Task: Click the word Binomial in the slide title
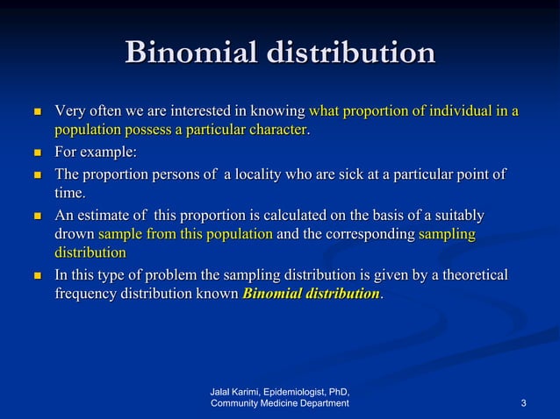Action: (189, 53)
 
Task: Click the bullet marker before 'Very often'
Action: (37, 113)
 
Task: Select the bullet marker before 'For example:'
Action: (37, 153)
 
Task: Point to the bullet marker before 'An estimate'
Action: (37, 216)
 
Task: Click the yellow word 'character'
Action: (276, 131)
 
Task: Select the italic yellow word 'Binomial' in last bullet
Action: (271, 294)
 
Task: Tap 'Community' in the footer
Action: (238, 403)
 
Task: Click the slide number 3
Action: (523, 403)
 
